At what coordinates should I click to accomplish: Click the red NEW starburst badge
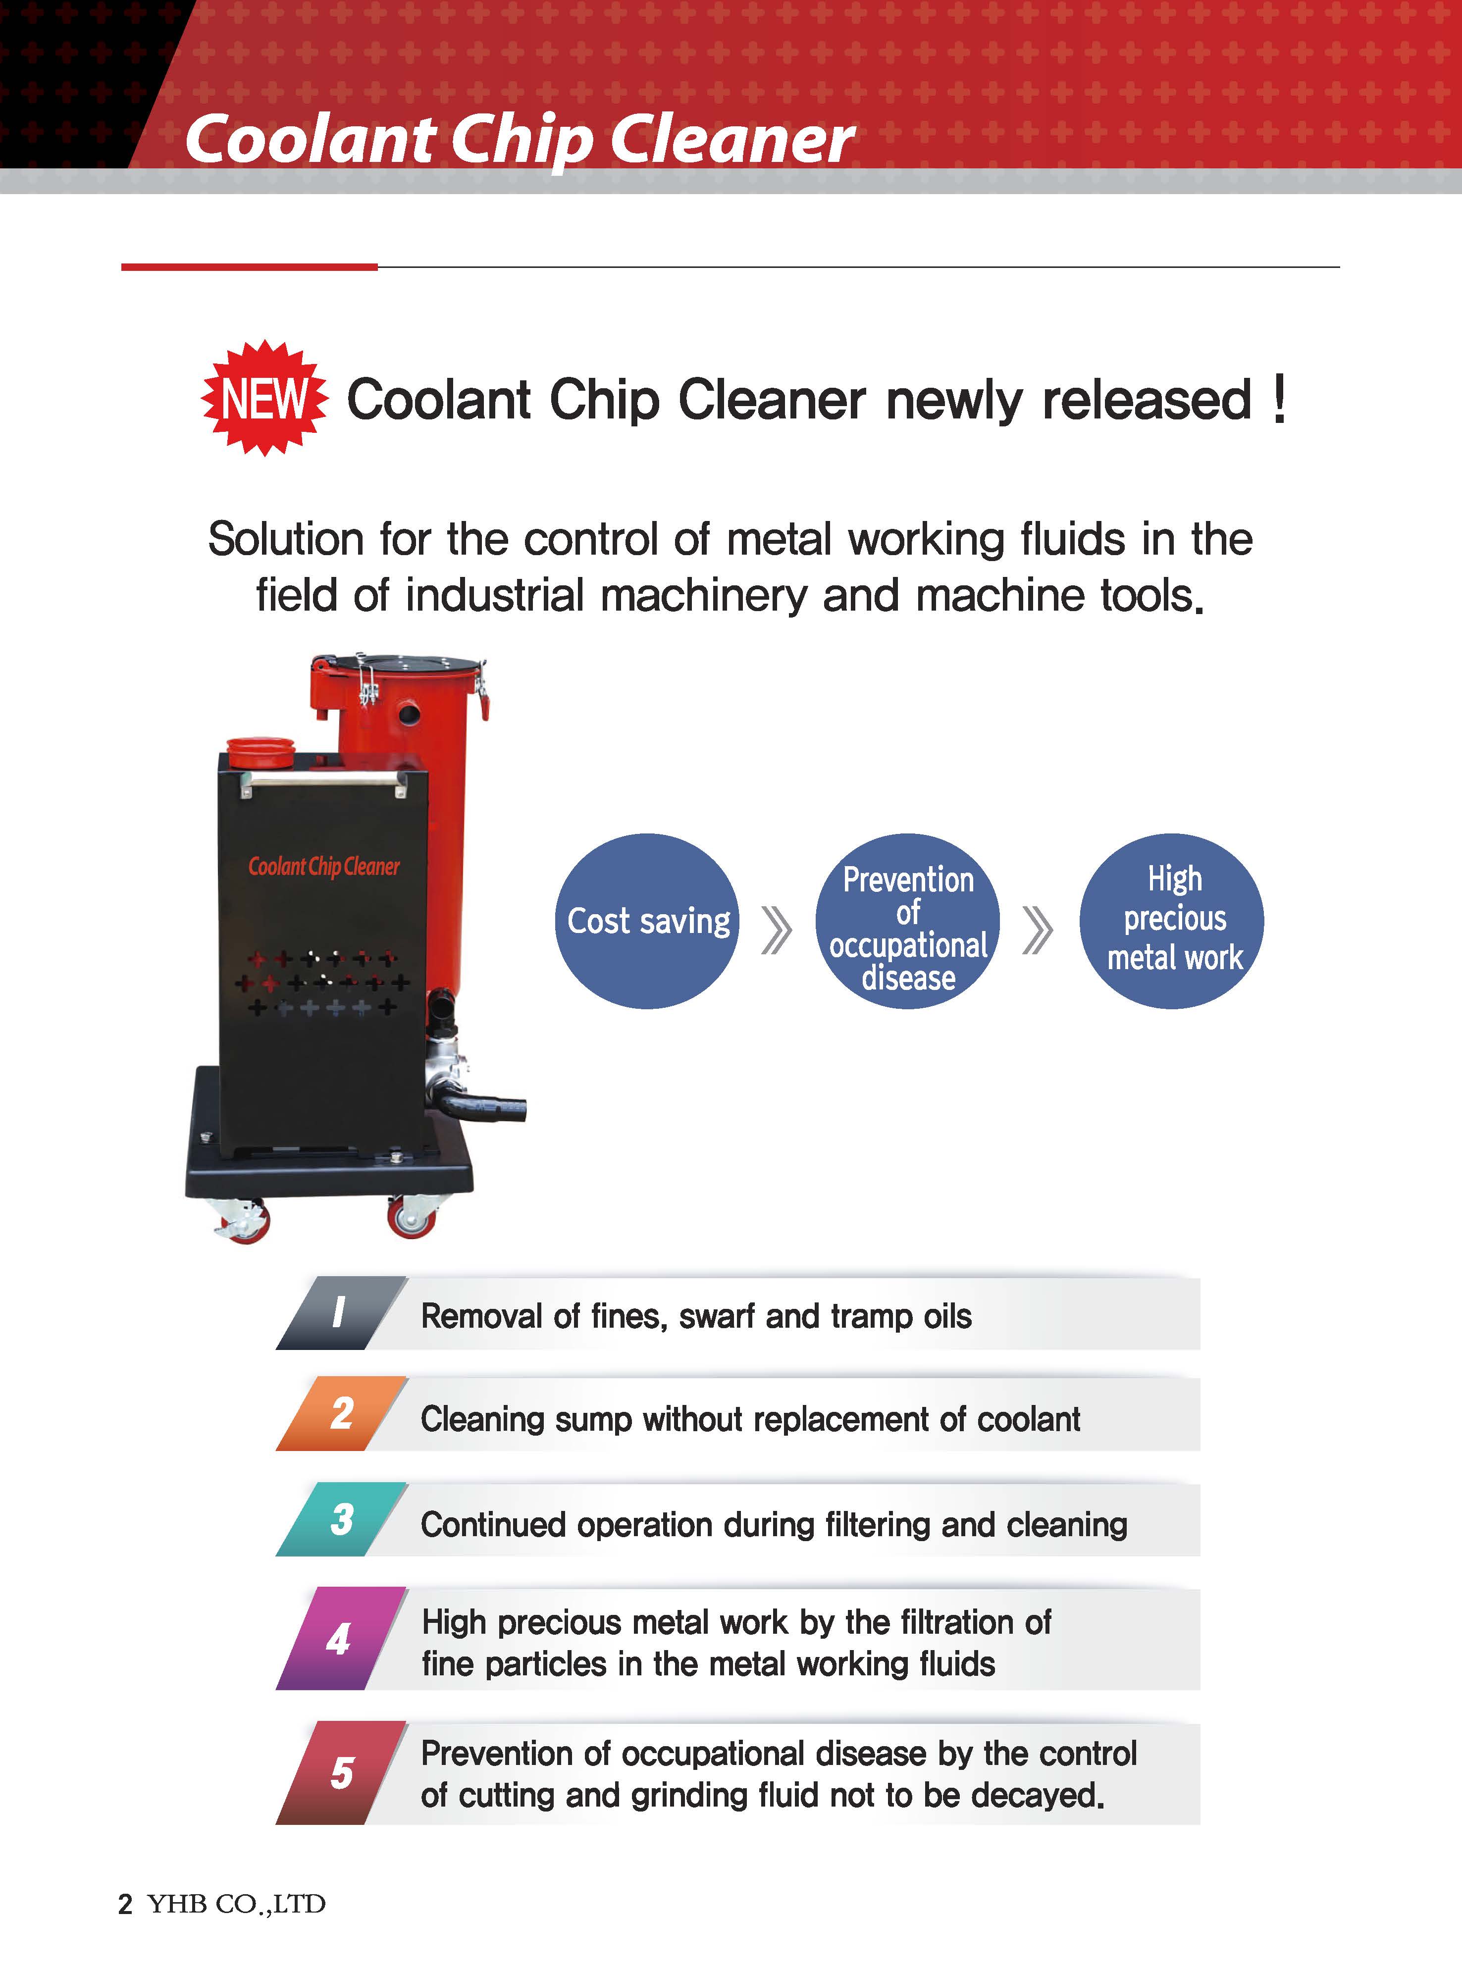click(264, 398)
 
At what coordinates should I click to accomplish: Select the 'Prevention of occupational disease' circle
click(907, 920)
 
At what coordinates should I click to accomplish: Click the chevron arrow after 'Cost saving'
click(776, 929)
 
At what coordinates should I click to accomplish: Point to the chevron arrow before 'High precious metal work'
click(1037, 929)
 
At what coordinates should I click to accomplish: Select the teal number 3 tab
click(341, 1518)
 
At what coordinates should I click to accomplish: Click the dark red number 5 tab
click(341, 1772)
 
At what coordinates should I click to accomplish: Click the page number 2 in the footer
click(126, 1905)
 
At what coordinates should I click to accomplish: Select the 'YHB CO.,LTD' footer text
click(236, 1905)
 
